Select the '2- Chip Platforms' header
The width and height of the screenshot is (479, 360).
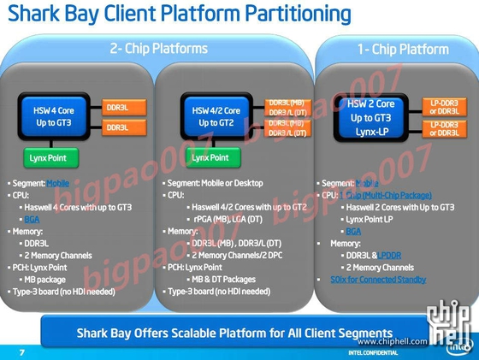pyautogui.click(x=159, y=49)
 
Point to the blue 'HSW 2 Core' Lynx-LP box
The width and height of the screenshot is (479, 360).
pyautogui.click(x=362, y=117)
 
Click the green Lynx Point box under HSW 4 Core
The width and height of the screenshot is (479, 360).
pyautogui.click(x=50, y=158)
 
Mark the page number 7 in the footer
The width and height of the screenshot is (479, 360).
pyautogui.click(x=22, y=351)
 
